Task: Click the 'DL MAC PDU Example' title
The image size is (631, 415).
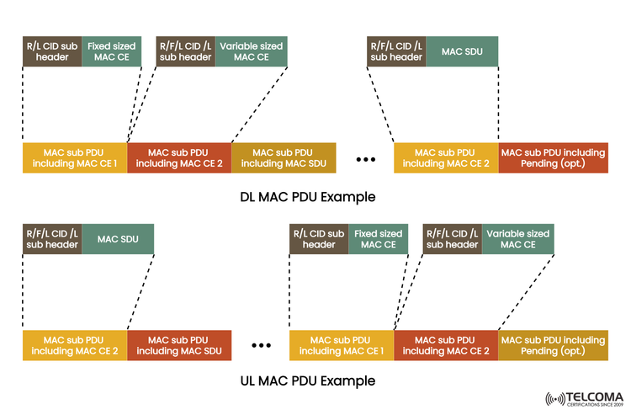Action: click(307, 196)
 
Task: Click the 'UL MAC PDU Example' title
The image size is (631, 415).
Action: click(307, 380)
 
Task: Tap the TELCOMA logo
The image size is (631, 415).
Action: click(584, 398)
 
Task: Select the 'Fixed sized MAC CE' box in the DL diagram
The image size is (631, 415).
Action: click(111, 51)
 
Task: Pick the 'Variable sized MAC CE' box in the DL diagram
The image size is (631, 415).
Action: click(249, 51)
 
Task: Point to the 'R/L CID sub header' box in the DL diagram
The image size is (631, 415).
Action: click(52, 51)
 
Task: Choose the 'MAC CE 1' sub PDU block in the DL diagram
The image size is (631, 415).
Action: click(75, 157)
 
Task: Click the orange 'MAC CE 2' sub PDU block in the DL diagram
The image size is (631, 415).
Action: click(179, 157)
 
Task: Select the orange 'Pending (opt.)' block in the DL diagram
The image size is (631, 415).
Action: click(553, 157)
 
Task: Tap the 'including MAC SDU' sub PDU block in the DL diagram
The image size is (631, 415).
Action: click(284, 157)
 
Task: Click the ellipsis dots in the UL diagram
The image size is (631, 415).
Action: click(262, 345)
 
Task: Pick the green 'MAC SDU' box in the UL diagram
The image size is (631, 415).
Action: click(118, 239)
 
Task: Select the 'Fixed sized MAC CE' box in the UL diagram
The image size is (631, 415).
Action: click(377, 239)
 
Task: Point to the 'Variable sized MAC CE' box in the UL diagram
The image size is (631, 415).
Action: click(517, 239)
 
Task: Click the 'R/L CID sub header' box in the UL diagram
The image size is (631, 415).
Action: click(318, 239)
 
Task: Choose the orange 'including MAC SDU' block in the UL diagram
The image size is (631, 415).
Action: click(179, 345)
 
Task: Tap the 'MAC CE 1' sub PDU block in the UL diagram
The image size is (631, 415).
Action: click(342, 345)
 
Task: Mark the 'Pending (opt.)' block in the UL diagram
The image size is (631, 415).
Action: click(553, 345)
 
